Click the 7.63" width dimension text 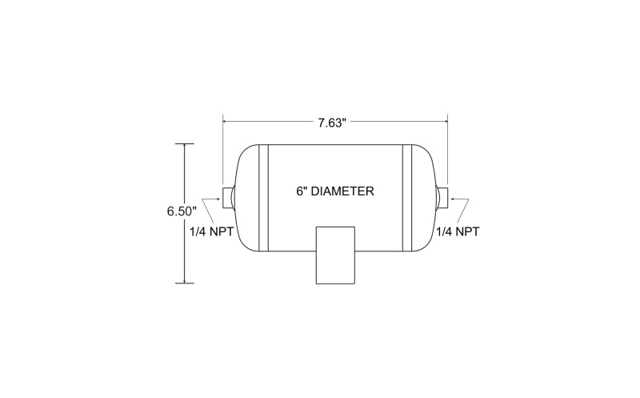coord(332,123)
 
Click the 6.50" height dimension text coord(182,211)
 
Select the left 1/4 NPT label coord(211,231)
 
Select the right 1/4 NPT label coord(458,231)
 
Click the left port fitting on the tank coord(228,197)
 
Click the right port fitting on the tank coord(442,197)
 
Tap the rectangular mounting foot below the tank coord(335,255)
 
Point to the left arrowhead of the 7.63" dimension coord(226,121)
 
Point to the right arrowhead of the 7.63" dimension coord(445,121)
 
